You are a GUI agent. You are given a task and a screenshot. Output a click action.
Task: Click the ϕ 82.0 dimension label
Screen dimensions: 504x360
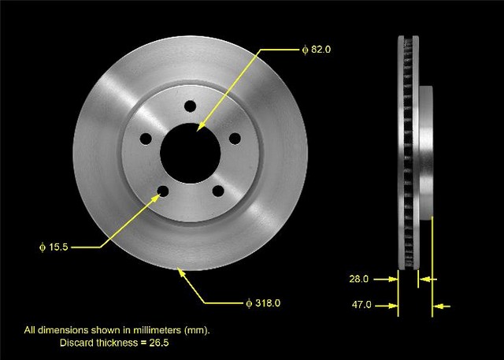(317, 50)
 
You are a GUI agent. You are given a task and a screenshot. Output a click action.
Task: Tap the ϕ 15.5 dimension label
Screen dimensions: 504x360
(54, 247)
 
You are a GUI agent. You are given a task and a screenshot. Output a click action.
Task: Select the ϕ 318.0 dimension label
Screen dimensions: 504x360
(263, 303)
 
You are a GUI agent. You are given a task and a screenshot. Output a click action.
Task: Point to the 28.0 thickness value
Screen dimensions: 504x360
(359, 279)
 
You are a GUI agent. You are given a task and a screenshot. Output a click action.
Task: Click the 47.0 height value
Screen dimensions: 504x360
(361, 304)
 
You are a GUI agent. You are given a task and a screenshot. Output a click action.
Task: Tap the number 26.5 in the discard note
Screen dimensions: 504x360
(159, 343)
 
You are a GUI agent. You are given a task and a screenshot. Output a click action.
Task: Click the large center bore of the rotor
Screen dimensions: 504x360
(191, 154)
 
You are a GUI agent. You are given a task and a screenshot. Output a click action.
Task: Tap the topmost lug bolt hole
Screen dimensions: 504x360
(191, 106)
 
